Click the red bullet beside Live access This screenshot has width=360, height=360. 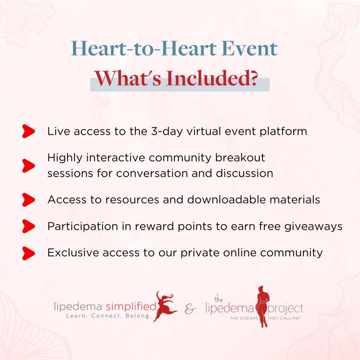[x=29, y=131]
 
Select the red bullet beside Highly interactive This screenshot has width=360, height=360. [x=29, y=165]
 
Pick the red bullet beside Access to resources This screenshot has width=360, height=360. [x=29, y=200]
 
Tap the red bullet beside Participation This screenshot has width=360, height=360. [x=29, y=227]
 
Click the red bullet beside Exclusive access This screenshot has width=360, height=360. [x=29, y=253]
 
